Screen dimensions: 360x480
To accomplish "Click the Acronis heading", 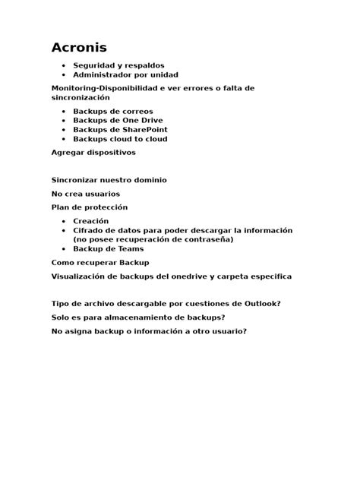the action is pyautogui.click(x=79, y=48).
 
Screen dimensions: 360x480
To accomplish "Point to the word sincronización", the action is pyautogui.click(x=81, y=98).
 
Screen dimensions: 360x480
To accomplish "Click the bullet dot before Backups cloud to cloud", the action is pyautogui.click(x=63, y=139).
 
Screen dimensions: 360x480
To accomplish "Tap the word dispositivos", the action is pyautogui.click(x=110, y=153).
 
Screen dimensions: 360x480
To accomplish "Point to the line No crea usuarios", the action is pyautogui.click(x=85, y=194).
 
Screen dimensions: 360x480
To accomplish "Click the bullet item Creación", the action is pyautogui.click(x=90, y=221).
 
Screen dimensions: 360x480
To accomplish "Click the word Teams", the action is pyautogui.click(x=129, y=248).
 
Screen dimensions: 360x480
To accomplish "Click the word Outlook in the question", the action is pyautogui.click(x=259, y=304).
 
